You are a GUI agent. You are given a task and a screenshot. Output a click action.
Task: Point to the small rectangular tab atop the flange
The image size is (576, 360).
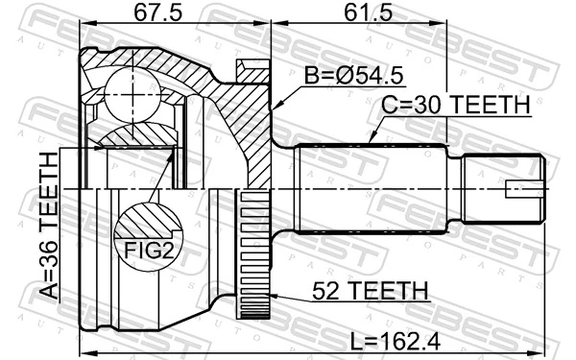252,69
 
